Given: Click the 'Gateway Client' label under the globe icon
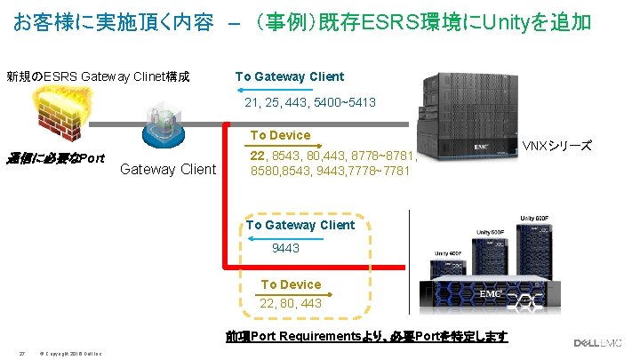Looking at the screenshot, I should [168, 169].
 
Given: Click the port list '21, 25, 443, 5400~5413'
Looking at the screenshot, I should [310, 103].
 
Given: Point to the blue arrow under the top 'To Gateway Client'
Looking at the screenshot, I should [288, 90].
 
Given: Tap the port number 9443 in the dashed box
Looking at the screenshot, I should [285, 248].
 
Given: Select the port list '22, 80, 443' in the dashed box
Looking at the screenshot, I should [291, 304].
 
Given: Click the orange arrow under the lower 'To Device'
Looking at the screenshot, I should [291, 294].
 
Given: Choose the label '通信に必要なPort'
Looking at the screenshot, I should [55, 159].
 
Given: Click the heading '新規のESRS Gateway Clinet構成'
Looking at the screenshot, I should [98, 76].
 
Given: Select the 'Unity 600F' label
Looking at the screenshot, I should [543, 218].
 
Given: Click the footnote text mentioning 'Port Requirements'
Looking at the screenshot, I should [366, 336].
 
